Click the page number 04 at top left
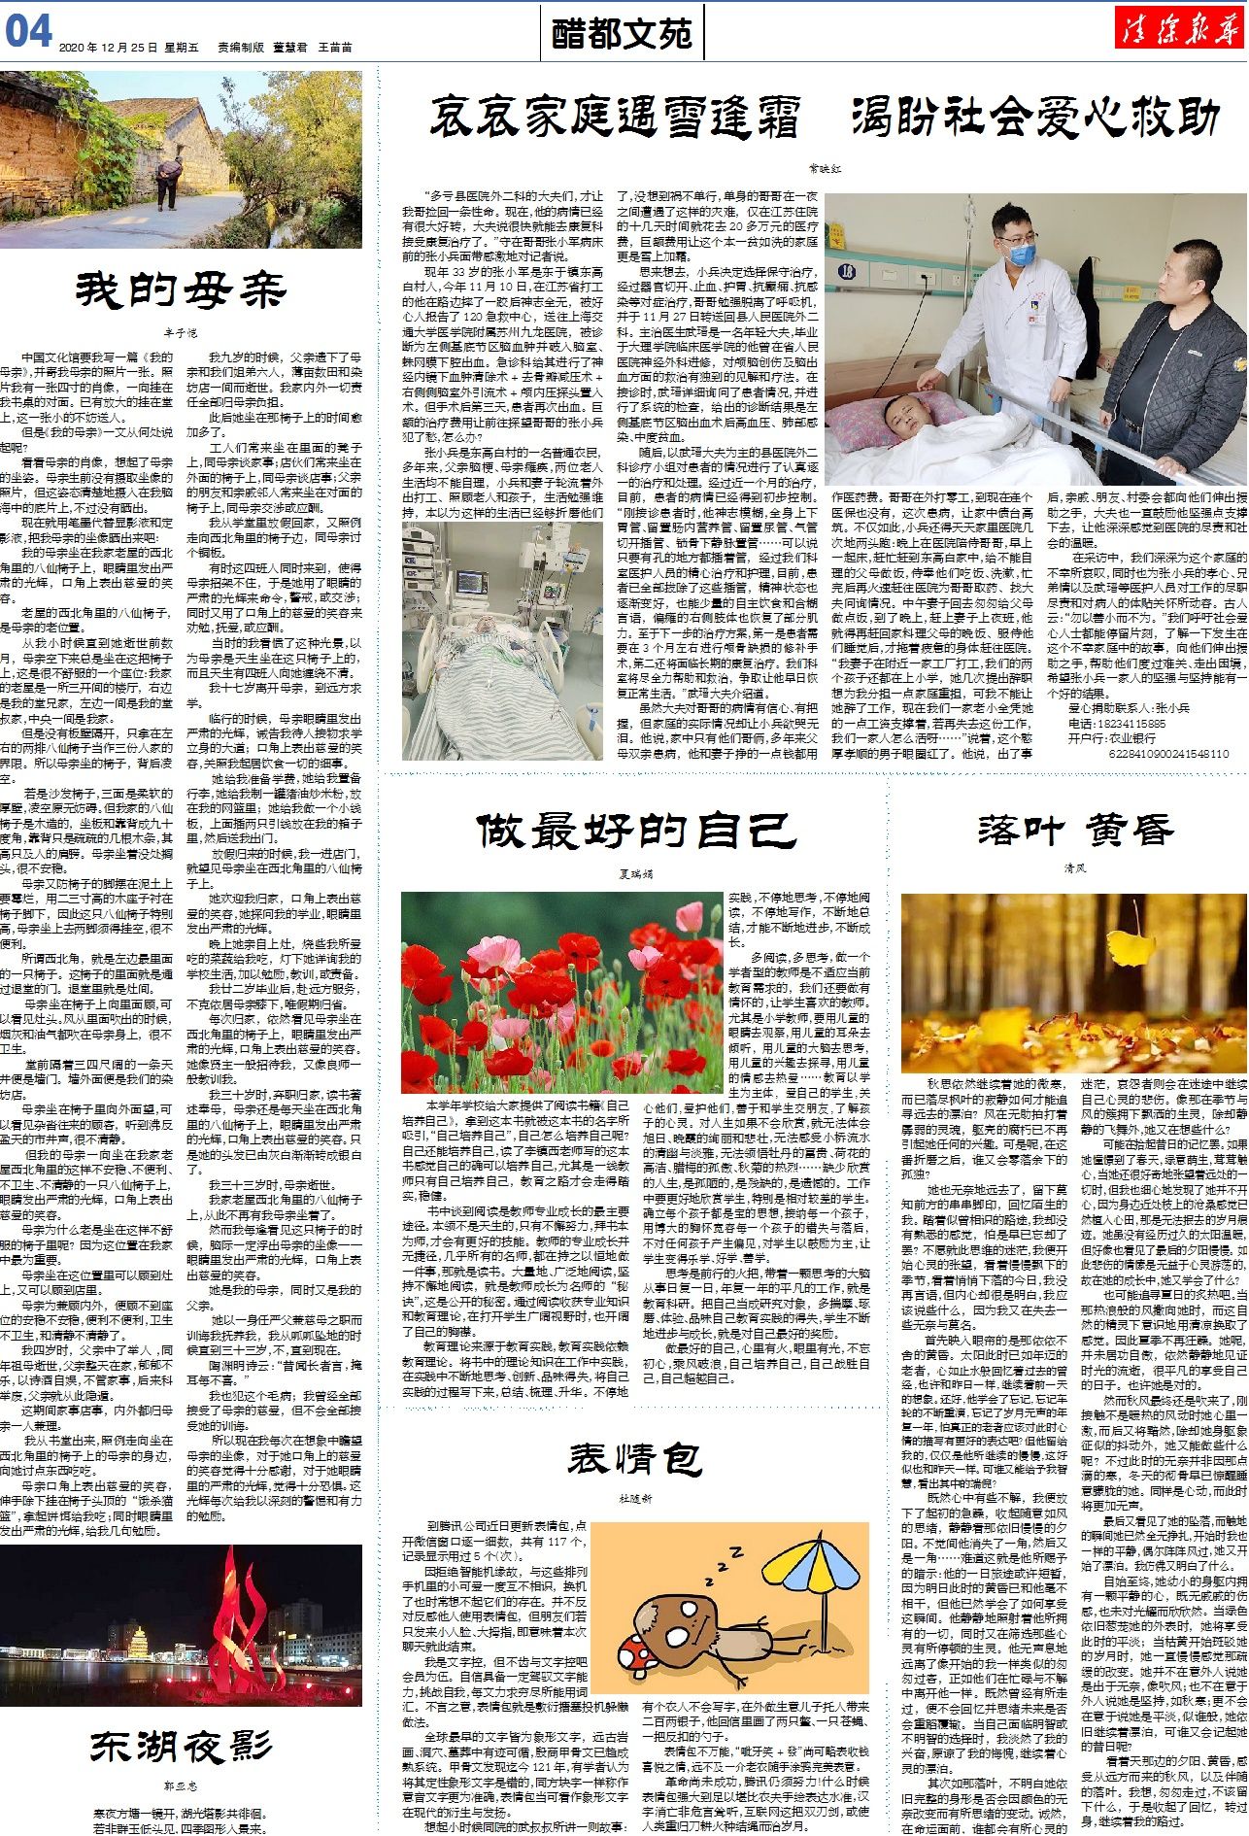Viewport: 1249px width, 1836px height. click(x=28, y=31)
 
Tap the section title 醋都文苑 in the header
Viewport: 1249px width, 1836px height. click(x=622, y=34)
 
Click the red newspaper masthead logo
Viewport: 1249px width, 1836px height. click(x=1179, y=31)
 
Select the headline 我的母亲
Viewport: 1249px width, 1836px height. click(x=181, y=290)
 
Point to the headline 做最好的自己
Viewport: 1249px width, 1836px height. click(x=636, y=831)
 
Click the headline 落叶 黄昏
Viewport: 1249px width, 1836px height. click(x=1075, y=831)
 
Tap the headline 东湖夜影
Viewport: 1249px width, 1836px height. click(x=181, y=1719)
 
